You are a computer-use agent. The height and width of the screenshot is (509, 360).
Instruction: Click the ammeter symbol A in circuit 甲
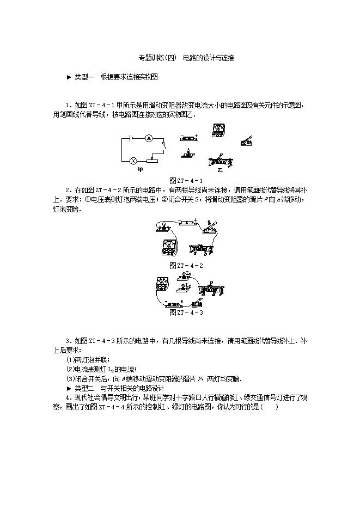coord(148,139)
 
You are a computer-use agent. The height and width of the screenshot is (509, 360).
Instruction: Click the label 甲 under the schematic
coord(141,170)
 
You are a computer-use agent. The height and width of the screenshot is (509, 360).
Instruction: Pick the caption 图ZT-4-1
coord(186,181)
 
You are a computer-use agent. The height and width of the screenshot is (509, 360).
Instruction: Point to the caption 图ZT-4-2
coord(186,266)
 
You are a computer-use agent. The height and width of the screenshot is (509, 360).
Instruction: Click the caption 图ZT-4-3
coord(186,312)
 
